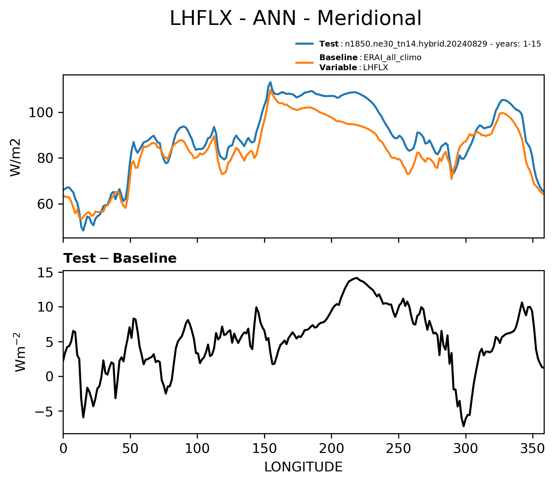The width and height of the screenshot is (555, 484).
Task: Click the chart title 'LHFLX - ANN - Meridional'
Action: (x=295, y=18)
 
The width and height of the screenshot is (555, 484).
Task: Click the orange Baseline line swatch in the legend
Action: (x=304, y=62)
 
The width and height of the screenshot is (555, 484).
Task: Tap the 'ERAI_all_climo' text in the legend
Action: (x=392, y=58)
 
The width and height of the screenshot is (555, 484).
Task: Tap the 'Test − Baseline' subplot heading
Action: (x=120, y=258)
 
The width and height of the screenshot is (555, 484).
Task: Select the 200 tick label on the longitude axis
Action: (x=332, y=449)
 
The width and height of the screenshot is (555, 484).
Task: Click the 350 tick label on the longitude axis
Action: (x=533, y=449)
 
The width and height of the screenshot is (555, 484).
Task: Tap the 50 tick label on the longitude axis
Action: (x=130, y=449)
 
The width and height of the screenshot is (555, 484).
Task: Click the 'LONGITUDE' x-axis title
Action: (x=304, y=467)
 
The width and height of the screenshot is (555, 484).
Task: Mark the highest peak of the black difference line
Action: (x=356, y=278)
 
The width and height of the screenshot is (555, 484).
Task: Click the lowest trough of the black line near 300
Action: (x=464, y=426)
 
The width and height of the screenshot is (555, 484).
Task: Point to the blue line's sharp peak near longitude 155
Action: (x=271, y=82)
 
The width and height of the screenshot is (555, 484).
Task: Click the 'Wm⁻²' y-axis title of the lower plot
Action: (x=20, y=352)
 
